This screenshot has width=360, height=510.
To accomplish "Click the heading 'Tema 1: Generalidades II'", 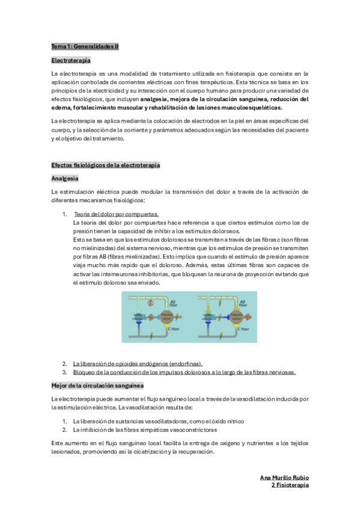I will click(x=85, y=46).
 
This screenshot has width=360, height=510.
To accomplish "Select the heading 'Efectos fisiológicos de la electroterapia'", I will click(x=106, y=165).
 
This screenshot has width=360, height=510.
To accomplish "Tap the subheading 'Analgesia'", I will click(x=65, y=179).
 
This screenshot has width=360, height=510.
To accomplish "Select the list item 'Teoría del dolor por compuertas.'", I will click(x=116, y=214).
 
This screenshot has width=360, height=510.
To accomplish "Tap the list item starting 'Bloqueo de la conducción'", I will click(x=184, y=372).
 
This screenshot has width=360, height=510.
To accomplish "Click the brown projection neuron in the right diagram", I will click(x=233, y=317).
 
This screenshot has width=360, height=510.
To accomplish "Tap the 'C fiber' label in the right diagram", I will click(x=243, y=329).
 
